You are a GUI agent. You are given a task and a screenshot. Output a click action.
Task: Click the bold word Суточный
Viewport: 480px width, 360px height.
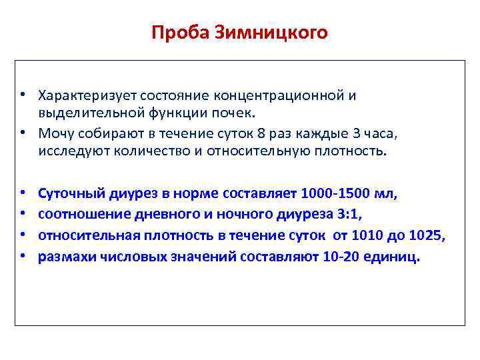click(x=68, y=195)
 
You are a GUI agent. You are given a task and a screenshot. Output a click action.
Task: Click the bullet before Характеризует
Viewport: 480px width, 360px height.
click(x=23, y=95)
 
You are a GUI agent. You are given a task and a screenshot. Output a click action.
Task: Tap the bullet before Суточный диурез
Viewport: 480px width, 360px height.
click(x=23, y=195)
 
